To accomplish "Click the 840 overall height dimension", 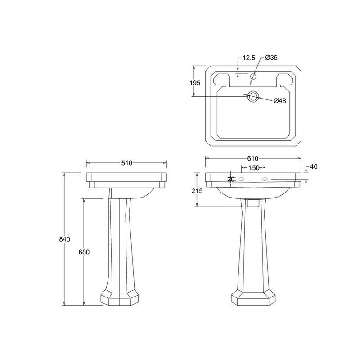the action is pos(64,239).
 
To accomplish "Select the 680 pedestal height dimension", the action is pos(84,252).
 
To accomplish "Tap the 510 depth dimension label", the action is pos(127,163).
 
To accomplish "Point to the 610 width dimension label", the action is pos(253,158).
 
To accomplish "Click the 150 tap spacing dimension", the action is pos(254,168).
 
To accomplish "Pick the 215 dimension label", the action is pos(197,190).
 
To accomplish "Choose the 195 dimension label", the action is pos(195,83).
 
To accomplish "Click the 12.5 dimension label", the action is pos(249,58).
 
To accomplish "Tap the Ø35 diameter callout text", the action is pos(271,58).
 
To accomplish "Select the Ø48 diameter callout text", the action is pos(280,100).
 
